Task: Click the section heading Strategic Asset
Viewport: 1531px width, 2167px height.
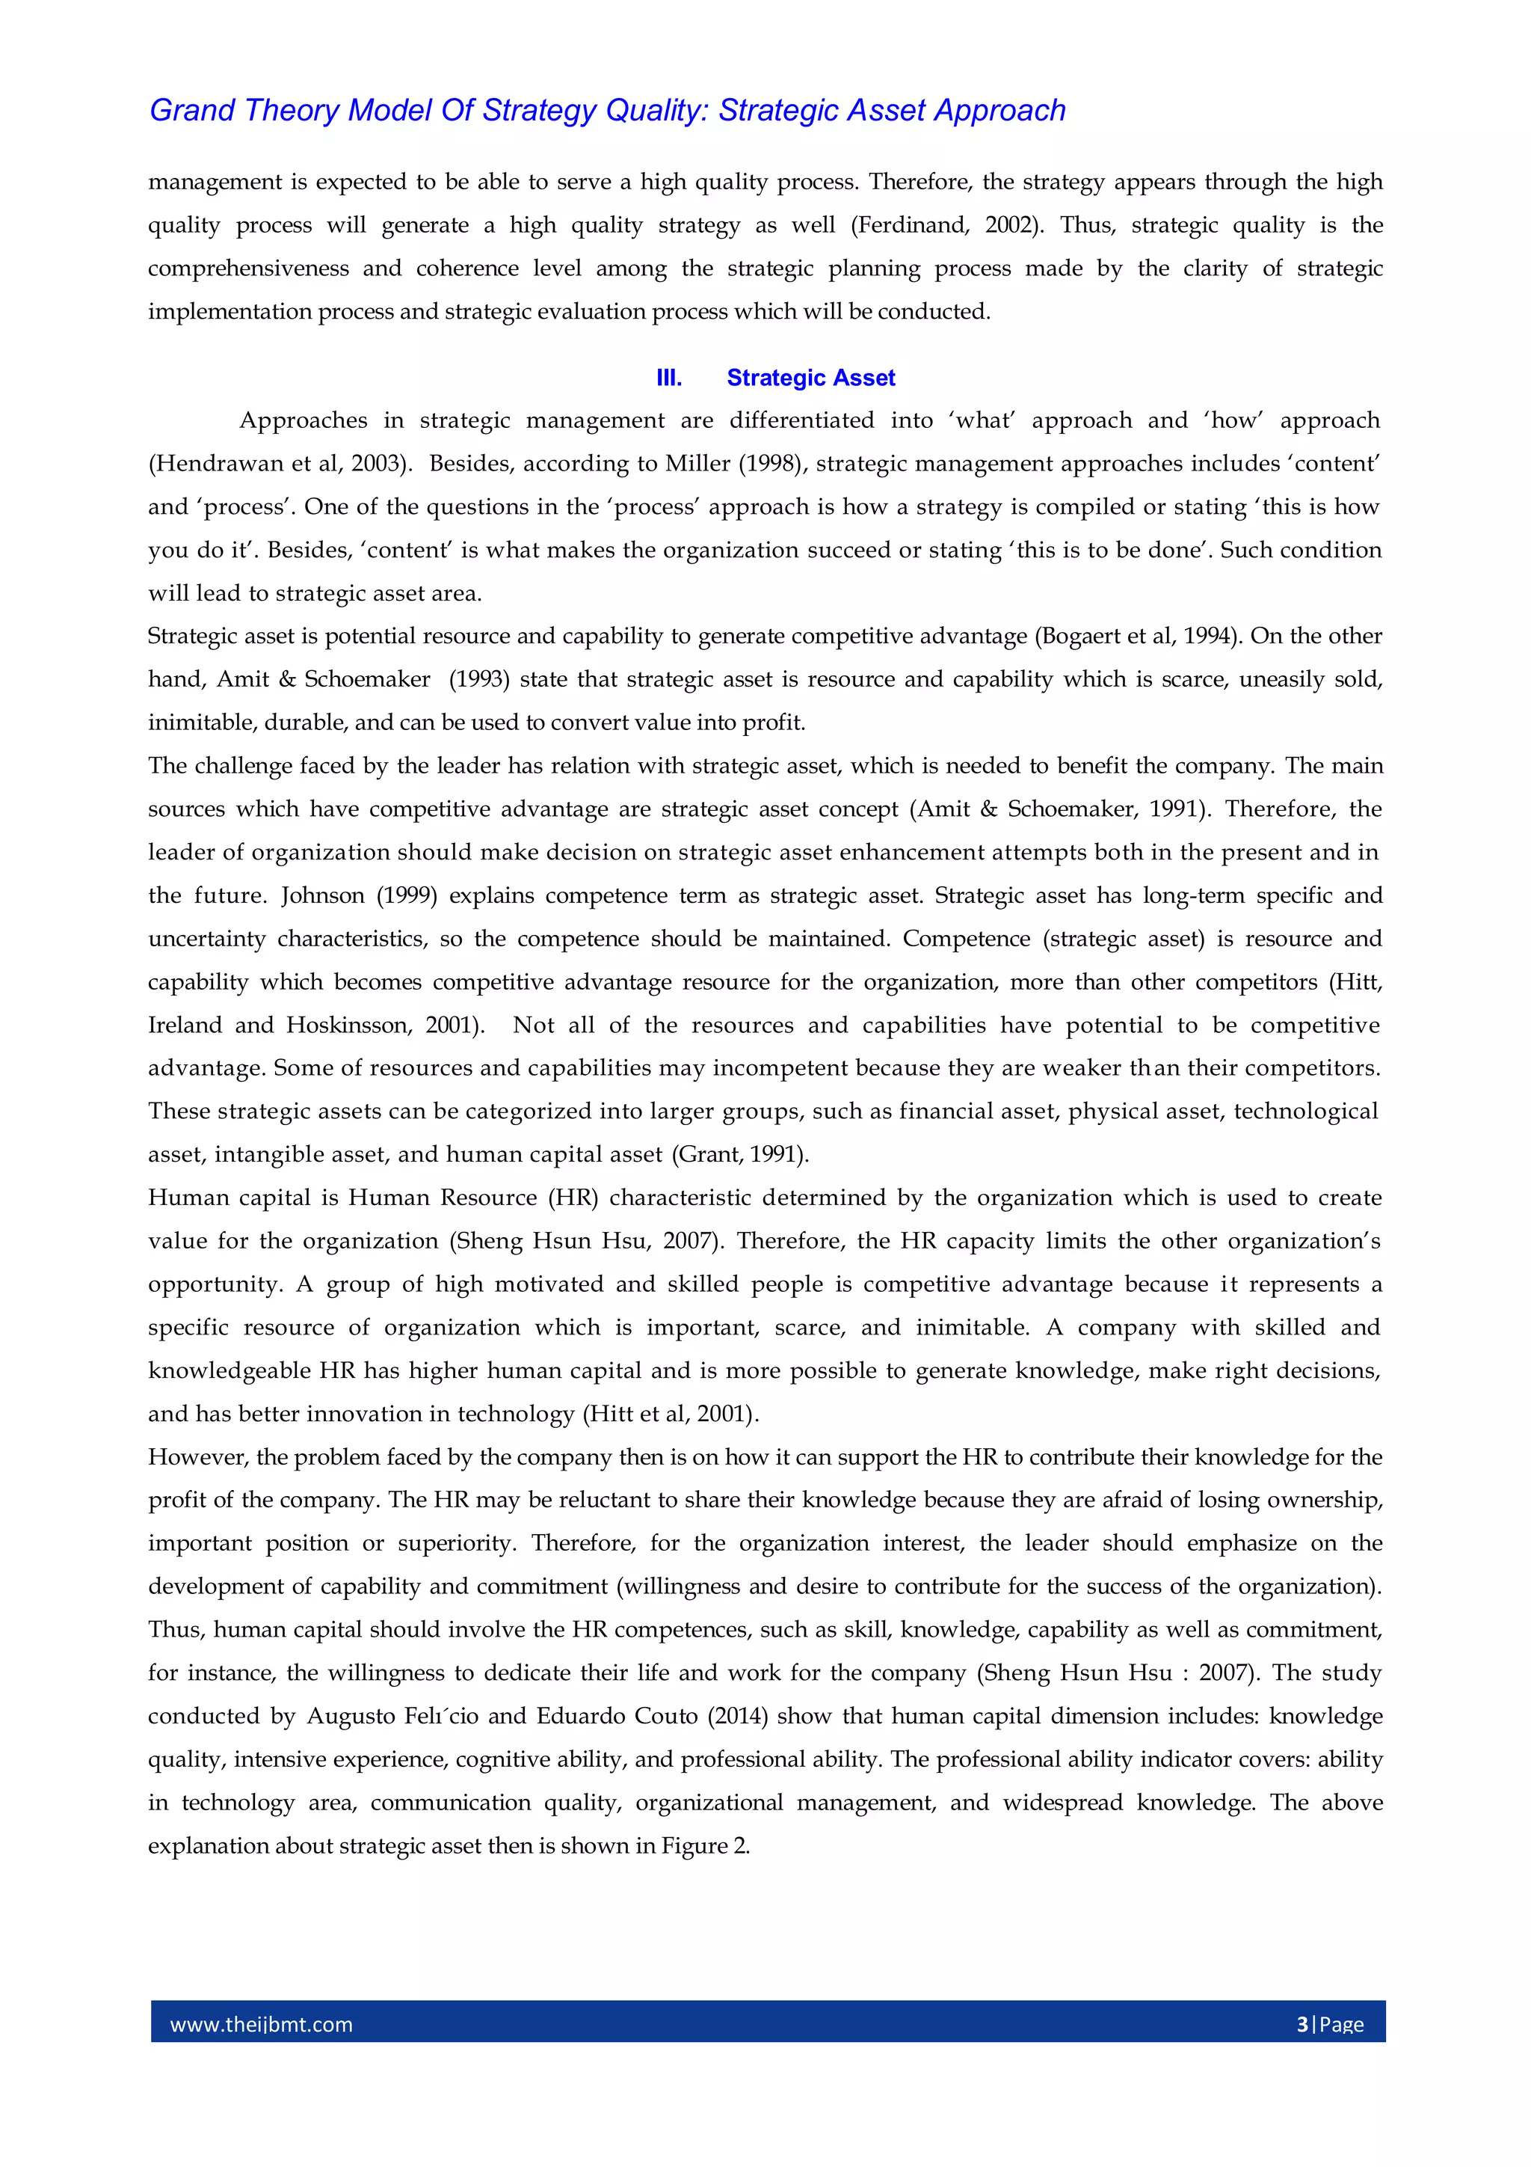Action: (x=810, y=378)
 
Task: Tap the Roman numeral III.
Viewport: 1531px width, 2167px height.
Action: (x=669, y=378)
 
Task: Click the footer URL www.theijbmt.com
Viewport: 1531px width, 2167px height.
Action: (x=262, y=2023)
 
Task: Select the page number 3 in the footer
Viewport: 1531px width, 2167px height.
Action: (x=1303, y=2023)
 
